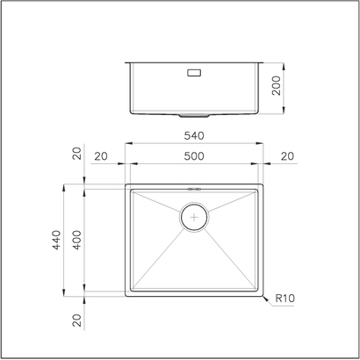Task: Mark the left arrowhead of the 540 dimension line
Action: pyautogui.click(x=126, y=143)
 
